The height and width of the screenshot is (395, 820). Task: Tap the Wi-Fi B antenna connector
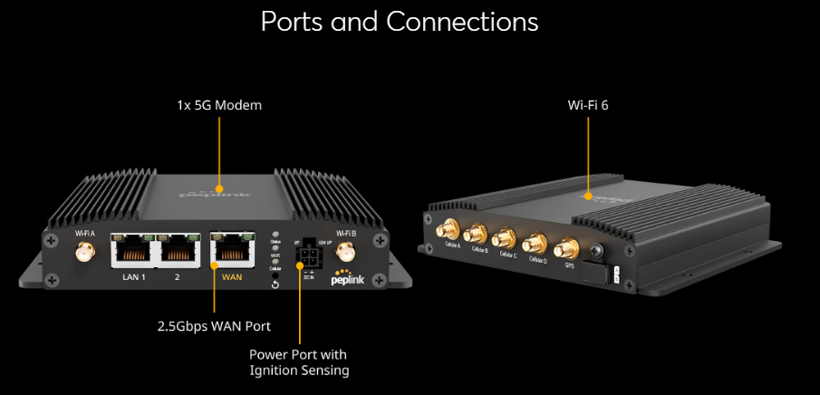pyautogui.click(x=345, y=253)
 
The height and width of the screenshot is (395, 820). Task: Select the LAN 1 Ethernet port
pyautogui.click(x=131, y=249)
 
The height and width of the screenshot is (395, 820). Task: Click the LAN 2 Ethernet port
pyautogui.click(x=178, y=249)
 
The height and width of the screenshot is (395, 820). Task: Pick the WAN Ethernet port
pyautogui.click(x=232, y=249)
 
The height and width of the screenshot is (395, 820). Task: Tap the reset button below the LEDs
pyautogui.click(x=275, y=284)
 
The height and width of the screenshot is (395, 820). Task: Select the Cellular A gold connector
pyautogui.click(x=448, y=227)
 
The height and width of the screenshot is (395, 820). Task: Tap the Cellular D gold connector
pyautogui.click(x=535, y=243)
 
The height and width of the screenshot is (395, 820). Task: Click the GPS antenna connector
pyautogui.click(x=567, y=248)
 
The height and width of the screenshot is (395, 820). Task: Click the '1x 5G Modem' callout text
pyautogui.click(x=218, y=106)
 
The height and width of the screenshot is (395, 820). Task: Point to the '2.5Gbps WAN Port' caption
pyautogui.click(x=214, y=324)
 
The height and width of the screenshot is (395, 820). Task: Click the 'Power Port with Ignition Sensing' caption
pyautogui.click(x=298, y=361)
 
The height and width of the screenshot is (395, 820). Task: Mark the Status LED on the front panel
pyautogui.click(x=275, y=236)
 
